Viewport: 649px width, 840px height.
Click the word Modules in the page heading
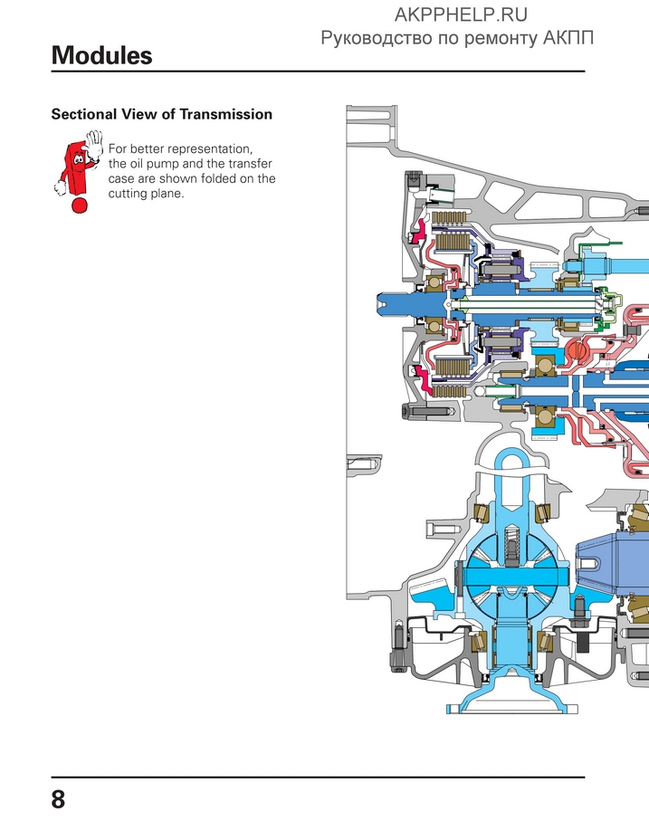coord(101,55)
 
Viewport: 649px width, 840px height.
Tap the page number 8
coord(59,800)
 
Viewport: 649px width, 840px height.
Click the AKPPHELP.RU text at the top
coord(462,14)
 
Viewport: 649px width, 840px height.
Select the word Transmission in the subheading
coord(226,115)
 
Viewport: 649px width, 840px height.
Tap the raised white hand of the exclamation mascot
coord(93,142)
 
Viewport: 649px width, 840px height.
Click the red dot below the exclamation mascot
coord(80,205)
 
